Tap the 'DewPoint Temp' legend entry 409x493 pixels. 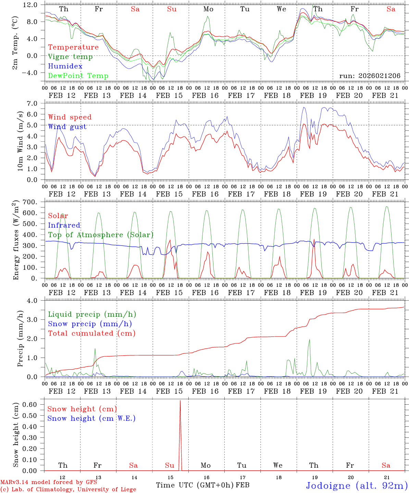pos(78,76)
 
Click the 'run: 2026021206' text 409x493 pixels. pos(370,76)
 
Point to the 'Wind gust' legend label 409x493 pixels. pos(67,127)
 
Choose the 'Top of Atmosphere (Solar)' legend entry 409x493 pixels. pos(101,235)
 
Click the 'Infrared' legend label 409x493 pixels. pos(64,225)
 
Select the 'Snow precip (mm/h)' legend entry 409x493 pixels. pos(90,324)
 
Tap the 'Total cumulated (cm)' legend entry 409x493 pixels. pos(91,333)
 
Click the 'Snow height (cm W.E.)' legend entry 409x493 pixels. pos(91,418)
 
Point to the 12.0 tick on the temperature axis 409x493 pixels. pos(30,5)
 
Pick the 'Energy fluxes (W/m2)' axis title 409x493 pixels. pos(15,241)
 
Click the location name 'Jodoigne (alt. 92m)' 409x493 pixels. pos(357,486)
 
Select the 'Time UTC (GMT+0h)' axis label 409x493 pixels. pos(195,485)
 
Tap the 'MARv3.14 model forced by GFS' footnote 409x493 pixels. pos(49,482)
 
